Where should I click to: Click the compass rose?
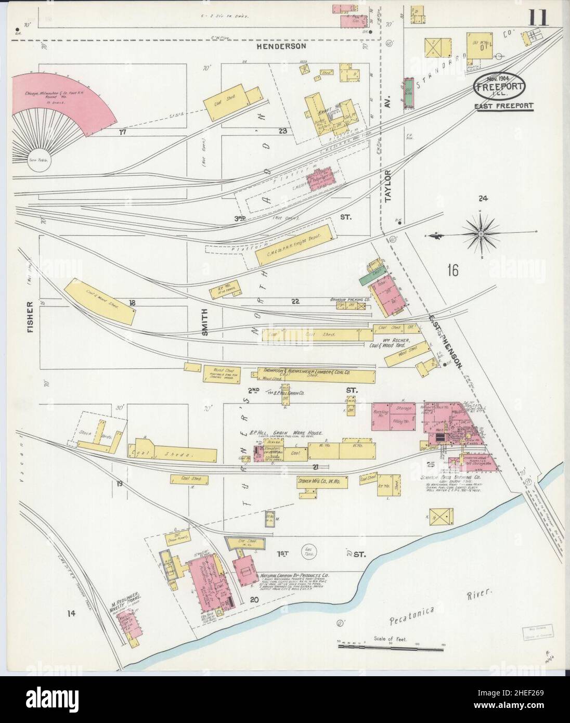click(482, 235)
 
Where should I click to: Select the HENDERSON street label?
click(281, 46)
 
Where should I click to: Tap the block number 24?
click(483, 198)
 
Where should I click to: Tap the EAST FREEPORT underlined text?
click(503, 106)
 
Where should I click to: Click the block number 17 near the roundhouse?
click(123, 132)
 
